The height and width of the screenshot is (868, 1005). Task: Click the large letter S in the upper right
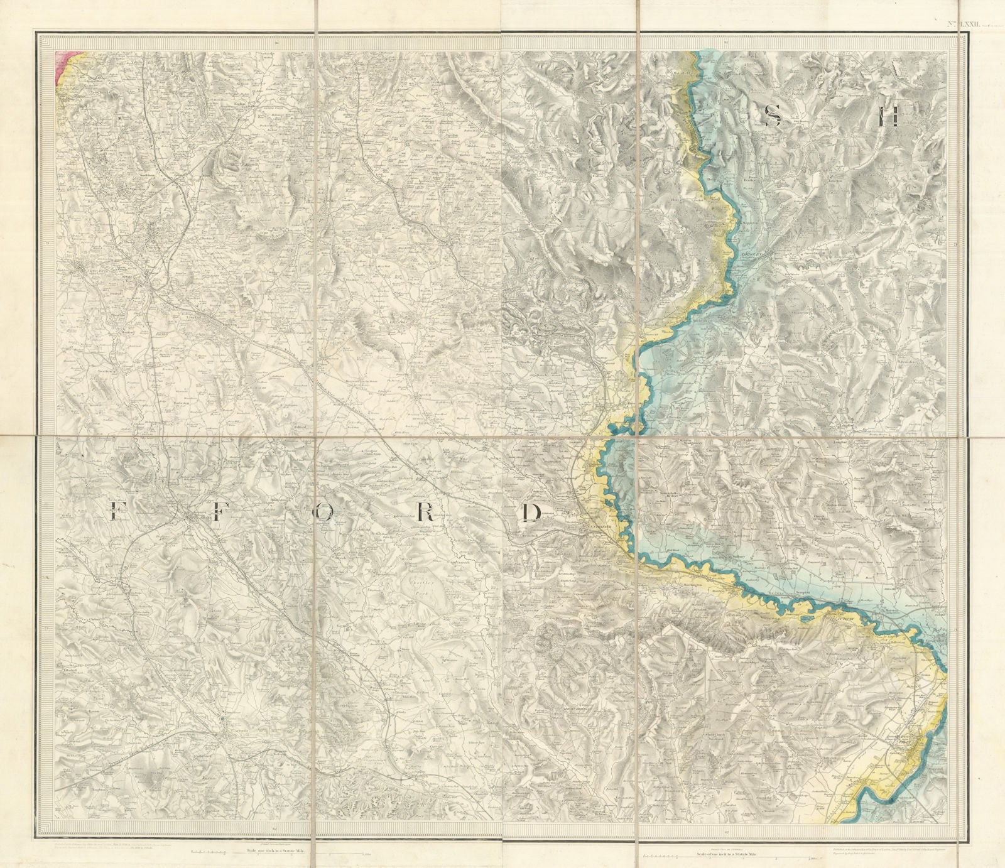click(774, 117)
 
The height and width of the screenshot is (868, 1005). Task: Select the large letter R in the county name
click(425, 514)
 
